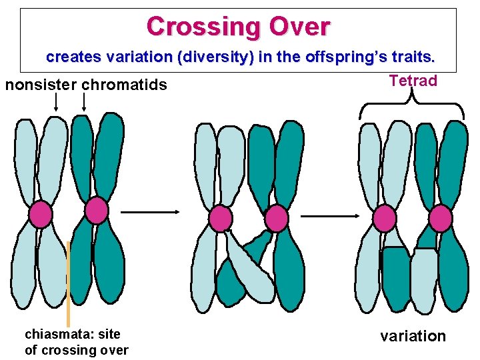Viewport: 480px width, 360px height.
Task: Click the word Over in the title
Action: [300, 27]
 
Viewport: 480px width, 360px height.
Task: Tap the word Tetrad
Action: [413, 81]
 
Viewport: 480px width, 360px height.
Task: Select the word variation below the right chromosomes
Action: [413, 336]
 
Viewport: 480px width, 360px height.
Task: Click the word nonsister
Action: [41, 85]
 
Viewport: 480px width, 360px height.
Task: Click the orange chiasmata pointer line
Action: [68, 287]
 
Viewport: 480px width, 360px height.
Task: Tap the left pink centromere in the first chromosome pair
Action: [40, 214]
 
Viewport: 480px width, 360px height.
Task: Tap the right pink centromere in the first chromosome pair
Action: [96, 210]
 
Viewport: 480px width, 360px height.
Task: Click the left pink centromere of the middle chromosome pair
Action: [220, 218]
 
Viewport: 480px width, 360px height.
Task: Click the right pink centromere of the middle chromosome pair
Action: [276, 218]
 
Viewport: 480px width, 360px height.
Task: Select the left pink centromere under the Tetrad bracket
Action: [385, 218]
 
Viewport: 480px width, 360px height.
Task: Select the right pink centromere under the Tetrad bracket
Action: [441, 218]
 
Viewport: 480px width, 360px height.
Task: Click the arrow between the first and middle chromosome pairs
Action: [151, 212]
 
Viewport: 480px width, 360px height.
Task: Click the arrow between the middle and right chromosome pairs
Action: [331, 215]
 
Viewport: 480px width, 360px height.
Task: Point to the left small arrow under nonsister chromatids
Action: [56, 102]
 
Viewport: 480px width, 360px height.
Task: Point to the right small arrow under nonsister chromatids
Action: [84, 102]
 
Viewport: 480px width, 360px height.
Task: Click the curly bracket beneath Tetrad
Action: [412, 107]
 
